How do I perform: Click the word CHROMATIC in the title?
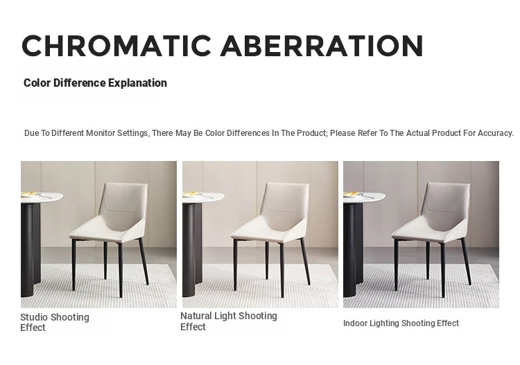click(x=116, y=46)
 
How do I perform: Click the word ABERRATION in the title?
click(x=322, y=46)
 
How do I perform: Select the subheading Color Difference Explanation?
click(x=95, y=83)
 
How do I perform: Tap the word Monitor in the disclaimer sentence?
click(x=100, y=133)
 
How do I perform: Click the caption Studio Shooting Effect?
click(x=55, y=322)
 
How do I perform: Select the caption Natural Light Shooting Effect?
click(x=229, y=321)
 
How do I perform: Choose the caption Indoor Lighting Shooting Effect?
click(x=401, y=323)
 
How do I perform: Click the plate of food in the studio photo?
click(x=30, y=194)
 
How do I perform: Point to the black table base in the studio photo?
click(x=31, y=250)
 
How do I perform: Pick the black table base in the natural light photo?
click(x=192, y=250)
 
